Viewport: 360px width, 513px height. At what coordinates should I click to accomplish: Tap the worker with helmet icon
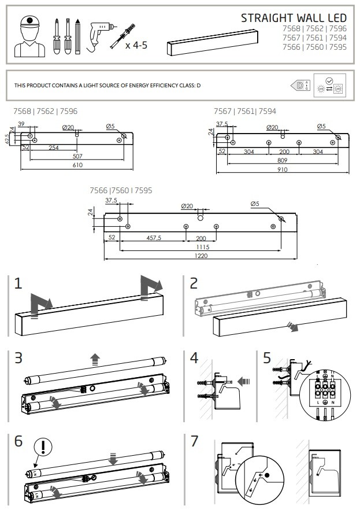coord(28,36)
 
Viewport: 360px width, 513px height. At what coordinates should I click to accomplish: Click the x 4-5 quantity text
coord(136,44)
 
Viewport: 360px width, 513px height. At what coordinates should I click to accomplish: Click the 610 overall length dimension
coord(77,165)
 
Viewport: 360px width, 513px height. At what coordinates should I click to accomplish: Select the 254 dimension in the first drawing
coord(54,148)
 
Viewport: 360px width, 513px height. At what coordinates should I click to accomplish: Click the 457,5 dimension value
coord(154,238)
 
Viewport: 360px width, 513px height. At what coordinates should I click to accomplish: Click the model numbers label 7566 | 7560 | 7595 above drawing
coord(121,190)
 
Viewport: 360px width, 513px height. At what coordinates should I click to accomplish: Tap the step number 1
coord(18,283)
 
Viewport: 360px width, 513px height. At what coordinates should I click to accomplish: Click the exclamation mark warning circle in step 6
coord(43,446)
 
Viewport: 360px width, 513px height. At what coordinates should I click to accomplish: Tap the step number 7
coord(194,440)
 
